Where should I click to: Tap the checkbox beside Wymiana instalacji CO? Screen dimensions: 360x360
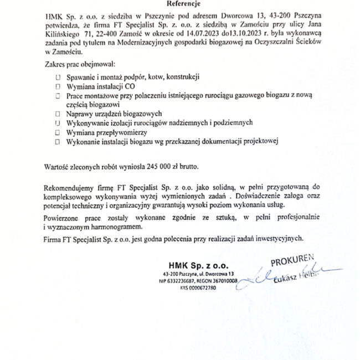coord(58,87)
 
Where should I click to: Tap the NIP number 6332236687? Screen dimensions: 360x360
coord(179,281)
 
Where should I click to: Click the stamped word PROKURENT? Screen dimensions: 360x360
coord(292,261)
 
